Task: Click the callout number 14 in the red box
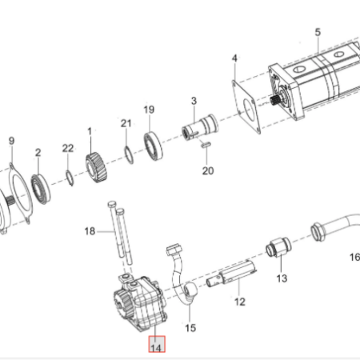point(156,348)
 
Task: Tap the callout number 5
point(318,32)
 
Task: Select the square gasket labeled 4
point(246,107)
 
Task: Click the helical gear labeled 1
point(96,168)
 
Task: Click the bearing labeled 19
point(153,146)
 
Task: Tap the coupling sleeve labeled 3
point(200,127)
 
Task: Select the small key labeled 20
point(206,145)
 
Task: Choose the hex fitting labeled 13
point(278,247)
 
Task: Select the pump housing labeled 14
point(140,303)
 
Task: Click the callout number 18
point(90,231)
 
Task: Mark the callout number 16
point(355,258)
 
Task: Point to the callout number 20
point(208,171)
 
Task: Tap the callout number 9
point(11,141)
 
